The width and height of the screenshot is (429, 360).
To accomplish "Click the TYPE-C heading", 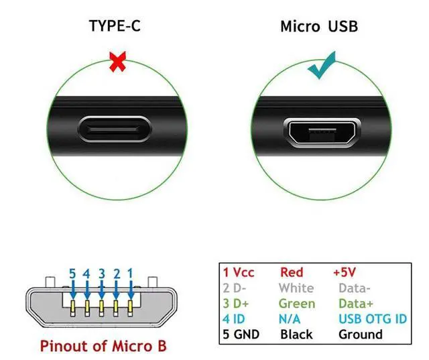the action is (x=115, y=27).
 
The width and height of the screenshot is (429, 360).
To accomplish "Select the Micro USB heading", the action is (x=319, y=27).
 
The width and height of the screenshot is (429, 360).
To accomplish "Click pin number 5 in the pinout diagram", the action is (x=72, y=274).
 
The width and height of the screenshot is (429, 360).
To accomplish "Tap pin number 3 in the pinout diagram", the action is (x=101, y=274).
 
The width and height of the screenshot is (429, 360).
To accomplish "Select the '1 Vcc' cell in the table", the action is (x=239, y=272).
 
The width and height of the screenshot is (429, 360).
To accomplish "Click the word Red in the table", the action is (x=291, y=272).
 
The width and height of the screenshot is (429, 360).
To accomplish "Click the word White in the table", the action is (x=296, y=288).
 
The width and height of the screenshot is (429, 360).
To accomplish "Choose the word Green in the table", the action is (x=296, y=303).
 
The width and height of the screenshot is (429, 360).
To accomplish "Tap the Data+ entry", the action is (x=357, y=303).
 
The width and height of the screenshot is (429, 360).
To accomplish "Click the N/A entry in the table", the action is (x=290, y=318).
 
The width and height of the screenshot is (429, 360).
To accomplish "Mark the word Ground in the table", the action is (x=361, y=334).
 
